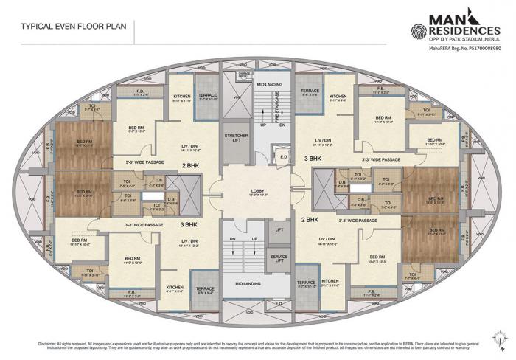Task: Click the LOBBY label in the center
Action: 257,190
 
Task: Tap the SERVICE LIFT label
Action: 279,257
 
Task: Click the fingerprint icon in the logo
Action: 419,30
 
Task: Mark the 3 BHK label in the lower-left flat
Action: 189,223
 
